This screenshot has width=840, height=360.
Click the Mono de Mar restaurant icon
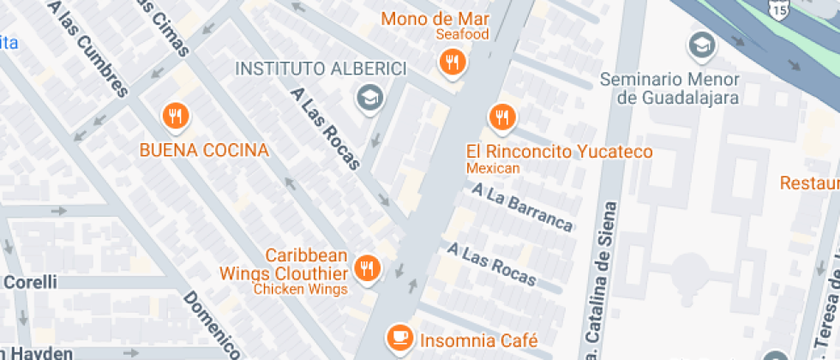452,62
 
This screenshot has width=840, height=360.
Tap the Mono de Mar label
435,18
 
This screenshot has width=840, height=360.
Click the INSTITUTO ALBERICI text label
321,69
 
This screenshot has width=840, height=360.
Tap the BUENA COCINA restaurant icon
175,117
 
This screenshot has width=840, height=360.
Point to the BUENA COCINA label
204,151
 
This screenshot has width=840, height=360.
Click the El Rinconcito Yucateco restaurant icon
501,117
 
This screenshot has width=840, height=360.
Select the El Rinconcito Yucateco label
559,152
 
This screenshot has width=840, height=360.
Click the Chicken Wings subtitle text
300,289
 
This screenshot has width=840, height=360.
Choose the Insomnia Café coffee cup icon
399,338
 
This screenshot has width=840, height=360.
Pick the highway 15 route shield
778,9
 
